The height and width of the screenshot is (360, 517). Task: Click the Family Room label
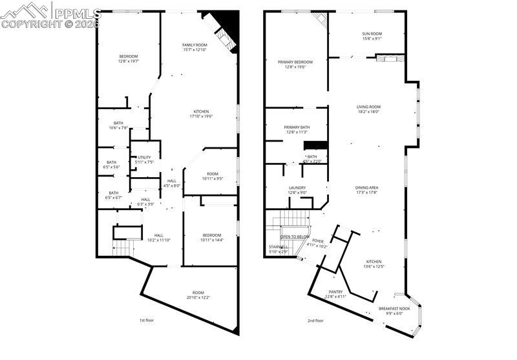point(194,44)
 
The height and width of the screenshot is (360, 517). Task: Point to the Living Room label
point(368,107)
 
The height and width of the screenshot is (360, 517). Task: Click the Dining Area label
point(366,187)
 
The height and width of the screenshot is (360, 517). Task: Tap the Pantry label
point(335,291)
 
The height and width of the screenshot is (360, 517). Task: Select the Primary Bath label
point(297,127)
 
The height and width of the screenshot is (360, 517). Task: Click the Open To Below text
point(294,237)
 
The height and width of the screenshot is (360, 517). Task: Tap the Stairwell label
point(279,247)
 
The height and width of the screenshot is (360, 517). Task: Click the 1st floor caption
point(147,321)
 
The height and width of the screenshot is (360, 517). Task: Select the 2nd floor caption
point(315,321)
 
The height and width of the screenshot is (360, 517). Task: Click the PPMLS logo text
point(77,12)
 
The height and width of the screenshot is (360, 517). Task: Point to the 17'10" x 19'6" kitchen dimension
point(201,116)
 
